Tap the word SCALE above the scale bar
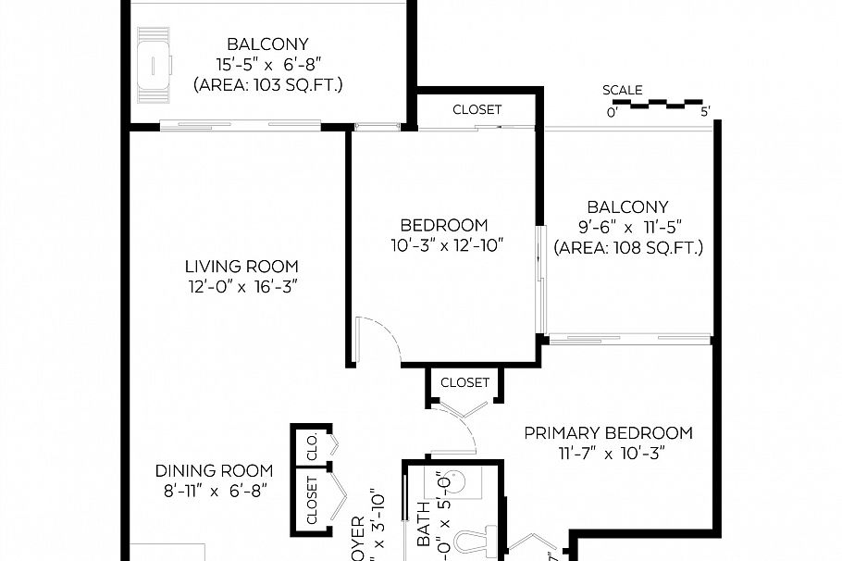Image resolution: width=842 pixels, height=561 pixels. pos(622,90)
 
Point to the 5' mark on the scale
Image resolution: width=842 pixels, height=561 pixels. pos(705,113)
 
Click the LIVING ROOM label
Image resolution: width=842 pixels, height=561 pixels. pos(241,267)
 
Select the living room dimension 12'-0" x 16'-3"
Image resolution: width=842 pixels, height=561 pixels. pos(241,287)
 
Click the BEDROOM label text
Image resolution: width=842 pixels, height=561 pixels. pos(443,225)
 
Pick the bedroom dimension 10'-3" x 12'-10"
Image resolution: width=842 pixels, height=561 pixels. pos(445,246)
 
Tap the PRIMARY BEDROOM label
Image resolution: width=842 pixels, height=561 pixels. pos(608,432)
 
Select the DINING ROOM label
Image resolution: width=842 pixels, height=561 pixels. pos(214,470)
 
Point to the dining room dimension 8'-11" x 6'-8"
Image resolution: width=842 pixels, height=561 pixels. pos(214,492)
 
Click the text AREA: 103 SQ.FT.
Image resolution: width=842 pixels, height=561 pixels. pos(267,85)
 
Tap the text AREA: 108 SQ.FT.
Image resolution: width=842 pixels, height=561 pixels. pos(627,248)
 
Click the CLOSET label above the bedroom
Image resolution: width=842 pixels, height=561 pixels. pos(477,109)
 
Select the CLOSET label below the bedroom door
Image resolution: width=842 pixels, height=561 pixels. pos(464,382)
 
